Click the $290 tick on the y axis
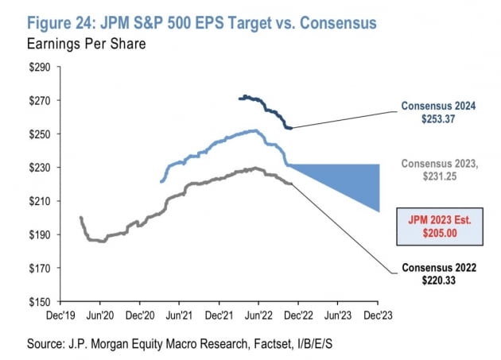pyautogui.click(x=40, y=68)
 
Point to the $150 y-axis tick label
pyautogui.click(x=40, y=302)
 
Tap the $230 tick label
pyautogui.click(x=40, y=168)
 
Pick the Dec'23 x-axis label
pyautogui.click(x=378, y=315)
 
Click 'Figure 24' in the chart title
pyautogui.click(x=72, y=21)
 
